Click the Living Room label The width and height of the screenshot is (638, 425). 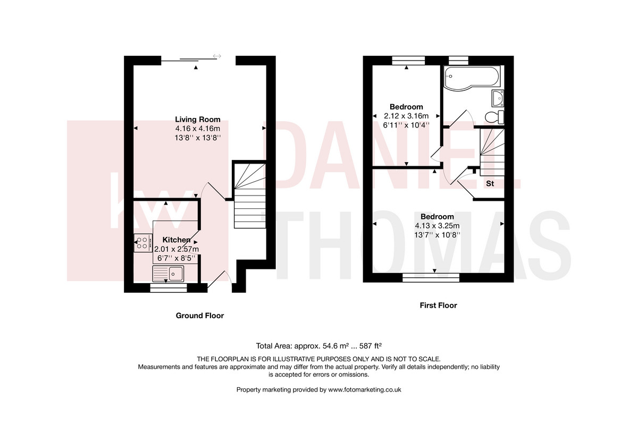198,120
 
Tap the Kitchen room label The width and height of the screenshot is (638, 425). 177,240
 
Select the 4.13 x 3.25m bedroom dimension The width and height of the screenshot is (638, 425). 437,226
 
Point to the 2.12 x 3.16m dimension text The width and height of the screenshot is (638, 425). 406,116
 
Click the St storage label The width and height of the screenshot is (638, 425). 490,184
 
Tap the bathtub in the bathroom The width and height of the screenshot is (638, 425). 472,78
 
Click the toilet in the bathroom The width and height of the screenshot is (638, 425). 494,117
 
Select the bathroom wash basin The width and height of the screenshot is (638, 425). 498,98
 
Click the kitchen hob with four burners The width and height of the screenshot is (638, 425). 142,243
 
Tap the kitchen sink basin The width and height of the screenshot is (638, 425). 176,274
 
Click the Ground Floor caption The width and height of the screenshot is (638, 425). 200,316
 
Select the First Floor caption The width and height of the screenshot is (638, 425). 438,305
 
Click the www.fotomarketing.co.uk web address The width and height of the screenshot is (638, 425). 365,389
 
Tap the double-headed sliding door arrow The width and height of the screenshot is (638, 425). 217,56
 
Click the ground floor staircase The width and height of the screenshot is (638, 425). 250,196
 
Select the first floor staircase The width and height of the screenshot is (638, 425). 492,152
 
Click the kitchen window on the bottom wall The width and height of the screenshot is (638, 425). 169,288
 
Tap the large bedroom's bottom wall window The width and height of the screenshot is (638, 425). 431,278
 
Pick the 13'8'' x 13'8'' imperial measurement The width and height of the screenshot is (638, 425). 198,138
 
